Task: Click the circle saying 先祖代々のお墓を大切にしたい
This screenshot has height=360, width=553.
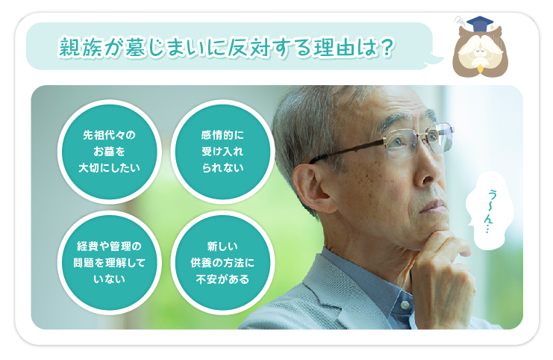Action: (x=109, y=152)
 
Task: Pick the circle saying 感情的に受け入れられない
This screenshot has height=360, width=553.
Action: (x=222, y=152)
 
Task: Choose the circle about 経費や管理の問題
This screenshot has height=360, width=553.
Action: (x=109, y=263)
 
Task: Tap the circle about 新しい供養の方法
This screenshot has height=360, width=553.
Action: (x=222, y=263)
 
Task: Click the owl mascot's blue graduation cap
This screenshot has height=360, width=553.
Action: (x=480, y=23)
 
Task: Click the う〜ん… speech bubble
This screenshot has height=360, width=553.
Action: (x=489, y=211)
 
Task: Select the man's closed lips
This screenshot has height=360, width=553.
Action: (x=433, y=207)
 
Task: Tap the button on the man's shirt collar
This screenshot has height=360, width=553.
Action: (x=405, y=304)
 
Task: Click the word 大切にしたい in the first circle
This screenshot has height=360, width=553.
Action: (x=109, y=168)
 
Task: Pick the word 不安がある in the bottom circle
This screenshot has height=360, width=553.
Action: (x=222, y=279)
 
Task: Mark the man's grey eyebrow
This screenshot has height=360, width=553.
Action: (x=395, y=119)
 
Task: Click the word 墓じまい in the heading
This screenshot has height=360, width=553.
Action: (x=168, y=47)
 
